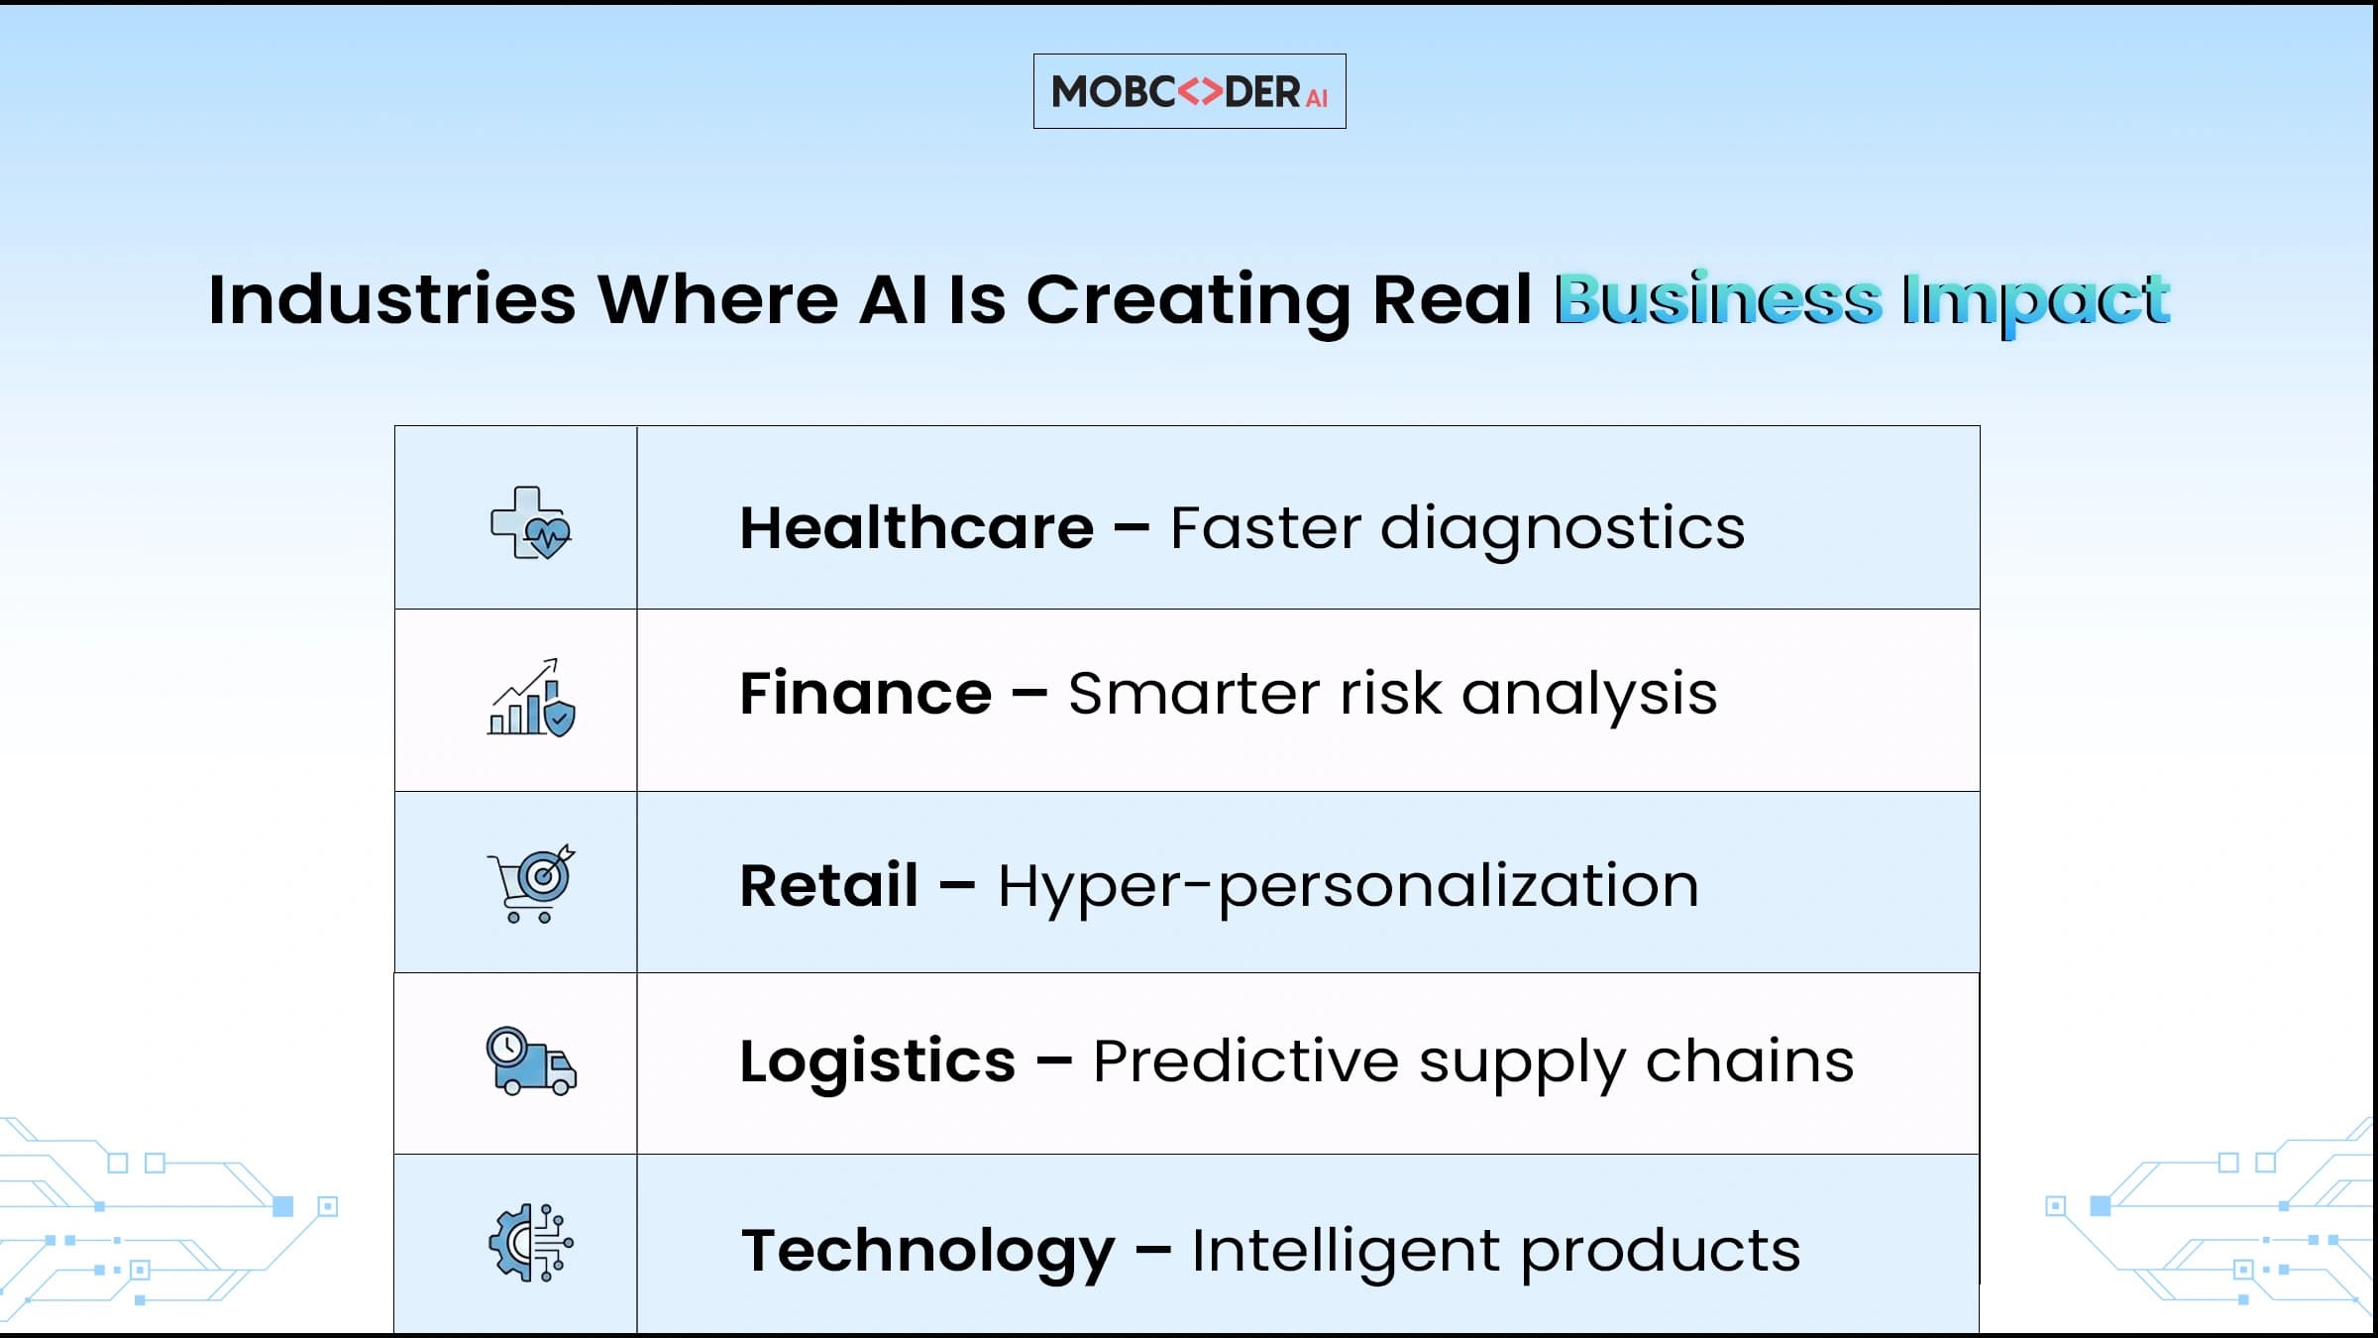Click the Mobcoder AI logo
1189,91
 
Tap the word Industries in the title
392,298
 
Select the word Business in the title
1717,298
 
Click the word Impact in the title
2036,302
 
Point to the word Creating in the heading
1187,302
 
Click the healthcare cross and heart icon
531,523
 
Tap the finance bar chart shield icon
531,697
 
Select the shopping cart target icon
531,884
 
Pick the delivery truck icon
531,1060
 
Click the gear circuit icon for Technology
531,1243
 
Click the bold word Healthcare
917,527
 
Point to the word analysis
1589,696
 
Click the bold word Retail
828,885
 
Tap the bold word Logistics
878,1063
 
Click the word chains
1750,1060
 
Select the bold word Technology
928,1253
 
